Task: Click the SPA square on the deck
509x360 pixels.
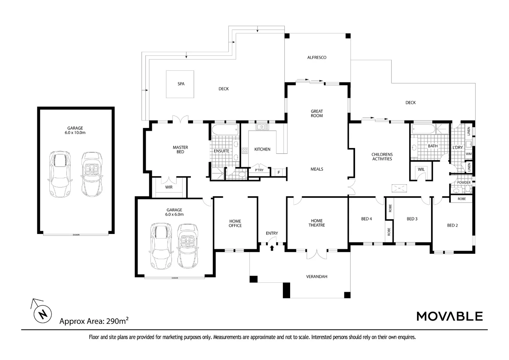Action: [180, 84]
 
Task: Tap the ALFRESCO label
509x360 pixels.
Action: [317, 58]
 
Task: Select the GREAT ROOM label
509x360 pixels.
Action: [317, 113]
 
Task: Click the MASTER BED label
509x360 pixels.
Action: [181, 150]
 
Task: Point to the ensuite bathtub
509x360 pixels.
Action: [225, 130]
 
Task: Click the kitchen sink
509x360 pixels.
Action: [262, 127]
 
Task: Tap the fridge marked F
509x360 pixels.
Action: [279, 172]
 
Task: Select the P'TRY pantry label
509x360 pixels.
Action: [259, 170]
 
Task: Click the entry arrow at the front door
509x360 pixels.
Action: [272, 248]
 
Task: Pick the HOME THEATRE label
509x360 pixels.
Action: [317, 223]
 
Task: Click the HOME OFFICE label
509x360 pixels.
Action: [235, 223]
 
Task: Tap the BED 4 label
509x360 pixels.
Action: [366, 219]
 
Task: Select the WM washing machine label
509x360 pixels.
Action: [469, 154]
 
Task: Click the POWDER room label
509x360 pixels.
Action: [464, 182]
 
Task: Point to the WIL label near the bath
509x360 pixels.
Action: [421, 169]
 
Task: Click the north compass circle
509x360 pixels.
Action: [43, 314]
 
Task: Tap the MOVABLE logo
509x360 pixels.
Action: [450, 316]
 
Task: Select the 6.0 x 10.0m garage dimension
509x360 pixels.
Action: [75, 133]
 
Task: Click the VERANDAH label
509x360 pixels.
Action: [317, 277]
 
